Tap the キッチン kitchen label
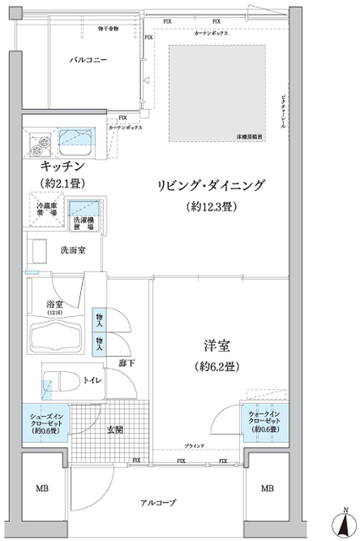[x=62, y=167]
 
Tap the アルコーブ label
[x=158, y=503]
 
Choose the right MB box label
[x=267, y=489]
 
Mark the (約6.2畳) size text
[x=217, y=367]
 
